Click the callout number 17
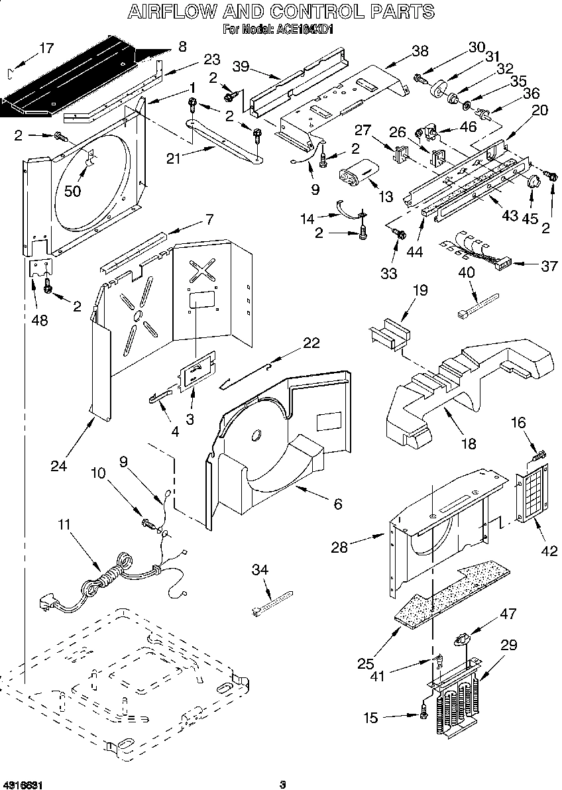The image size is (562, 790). click(45, 48)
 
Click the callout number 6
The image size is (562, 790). click(337, 504)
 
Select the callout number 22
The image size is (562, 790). click(311, 342)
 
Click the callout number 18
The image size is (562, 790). click(469, 443)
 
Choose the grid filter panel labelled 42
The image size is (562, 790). click(534, 492)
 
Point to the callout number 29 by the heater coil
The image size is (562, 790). click(509, 645)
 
